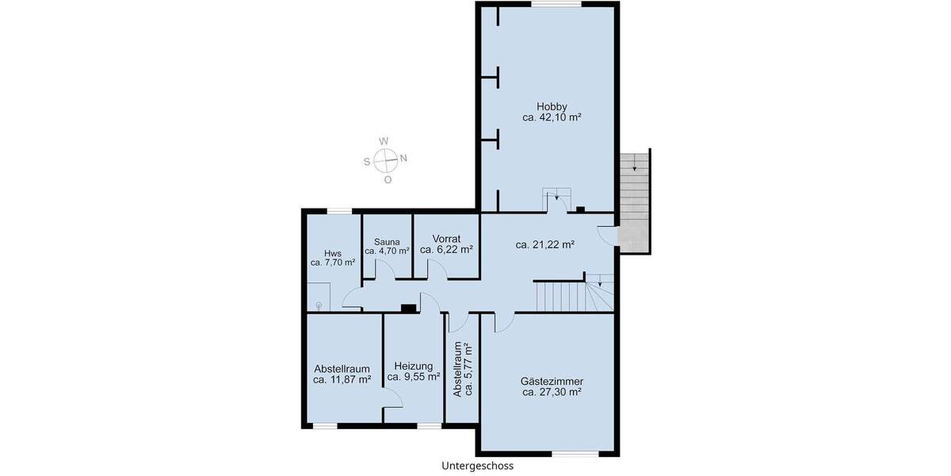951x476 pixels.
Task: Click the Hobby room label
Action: click(552, 106)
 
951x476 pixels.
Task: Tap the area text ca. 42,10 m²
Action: click(552, 117)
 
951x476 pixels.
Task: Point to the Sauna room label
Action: click(387, 241)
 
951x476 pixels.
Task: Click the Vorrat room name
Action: click(446, 238)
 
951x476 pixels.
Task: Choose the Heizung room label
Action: click(413, 367)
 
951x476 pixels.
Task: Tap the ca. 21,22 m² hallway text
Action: click(544, 245)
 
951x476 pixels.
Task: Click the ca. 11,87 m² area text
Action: click(342, 380)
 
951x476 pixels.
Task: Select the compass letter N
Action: click(403, 158)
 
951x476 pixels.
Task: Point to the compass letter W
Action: click(384, 141)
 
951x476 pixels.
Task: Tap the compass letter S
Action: click(367, 162)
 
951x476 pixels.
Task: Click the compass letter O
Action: click(388, 179)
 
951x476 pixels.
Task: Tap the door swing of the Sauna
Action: click(385, 271)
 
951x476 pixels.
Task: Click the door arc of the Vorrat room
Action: click(437, 271)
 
